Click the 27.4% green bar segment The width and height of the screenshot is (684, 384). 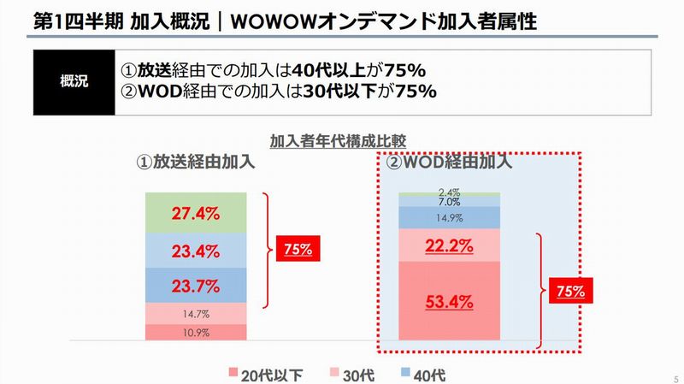click(195, 213)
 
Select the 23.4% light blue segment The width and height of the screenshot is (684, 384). click(195, 251)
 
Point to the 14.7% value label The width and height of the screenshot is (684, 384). click(195, 314)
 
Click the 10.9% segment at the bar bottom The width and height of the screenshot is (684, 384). click(195, 332)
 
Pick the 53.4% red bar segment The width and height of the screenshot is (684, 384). click(450, 300)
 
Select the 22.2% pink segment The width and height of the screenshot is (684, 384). click(450, 246)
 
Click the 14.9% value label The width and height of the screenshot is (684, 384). click(450, 218)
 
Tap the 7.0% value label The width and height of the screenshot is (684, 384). click(450, 203)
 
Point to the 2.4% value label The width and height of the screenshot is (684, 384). click(450, 193)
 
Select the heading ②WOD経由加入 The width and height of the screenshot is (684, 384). click(450, 160)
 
